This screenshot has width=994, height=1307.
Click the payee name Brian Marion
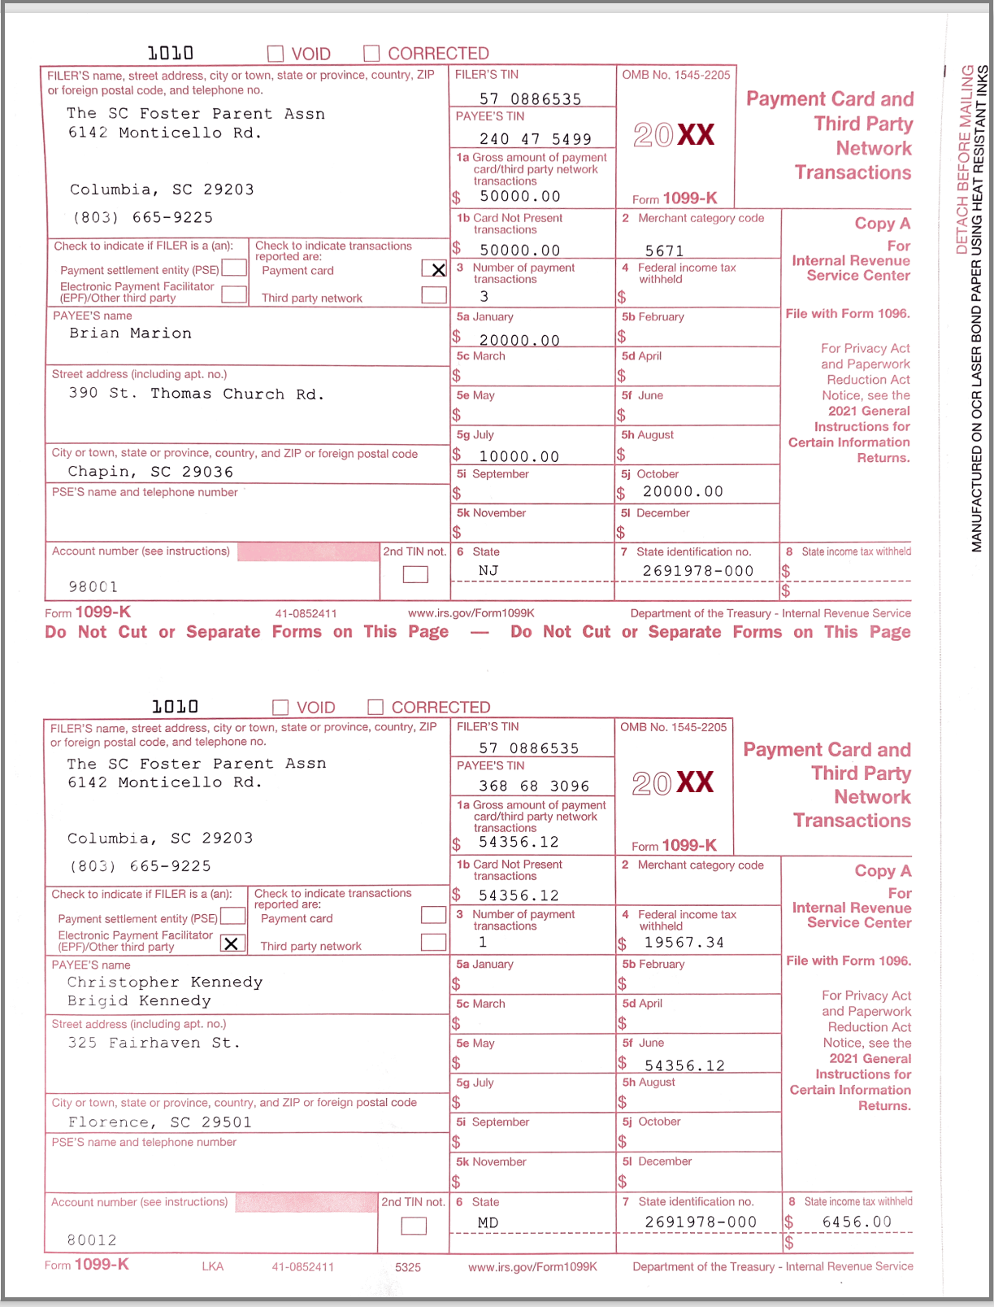coord(130,333)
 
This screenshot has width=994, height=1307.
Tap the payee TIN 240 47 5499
coord(535,139)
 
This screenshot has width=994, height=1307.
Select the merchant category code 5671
coord(664,251)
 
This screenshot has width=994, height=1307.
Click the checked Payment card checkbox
coord(436,269)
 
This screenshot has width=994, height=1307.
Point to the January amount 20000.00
coord(519,341)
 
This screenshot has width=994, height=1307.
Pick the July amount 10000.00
coord(519,457)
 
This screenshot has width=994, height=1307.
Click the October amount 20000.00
coord(683,492)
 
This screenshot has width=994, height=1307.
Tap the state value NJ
coord(488,571)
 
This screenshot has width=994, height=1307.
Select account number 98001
coord(93,587)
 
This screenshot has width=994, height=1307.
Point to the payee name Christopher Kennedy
coord(165,982)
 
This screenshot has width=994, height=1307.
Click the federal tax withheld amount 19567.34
coord(684,943)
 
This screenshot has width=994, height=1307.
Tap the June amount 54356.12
coord(684,1065)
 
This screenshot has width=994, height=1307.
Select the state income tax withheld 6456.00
coord(856,1222)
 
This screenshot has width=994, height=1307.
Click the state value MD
coord(488,1222)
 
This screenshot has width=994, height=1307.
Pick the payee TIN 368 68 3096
coord(533,786)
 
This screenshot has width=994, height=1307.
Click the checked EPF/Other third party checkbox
coord(232,943)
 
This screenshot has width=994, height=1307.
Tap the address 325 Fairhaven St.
coord(154,1043)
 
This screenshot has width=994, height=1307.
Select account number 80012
coord(91,1240)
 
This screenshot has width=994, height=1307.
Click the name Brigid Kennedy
coord(139,1001)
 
